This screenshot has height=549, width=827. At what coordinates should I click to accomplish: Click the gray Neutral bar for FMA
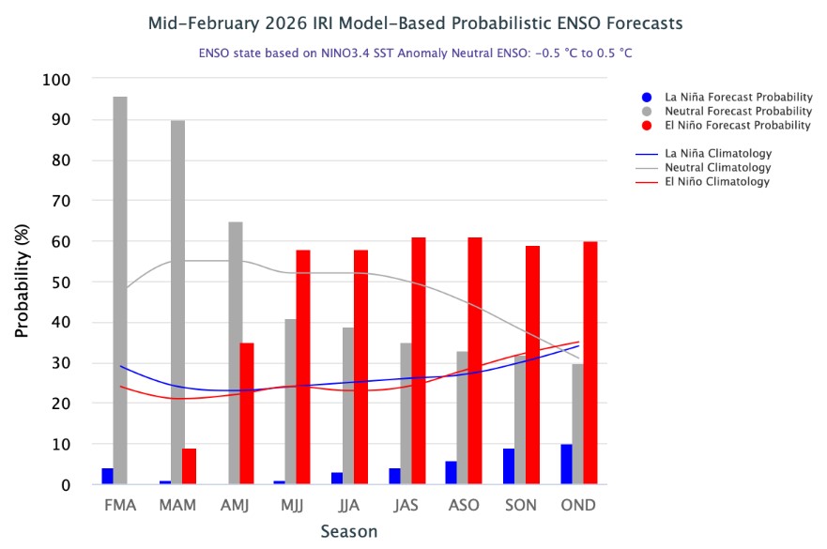pyautogui.click(x=120, y=290)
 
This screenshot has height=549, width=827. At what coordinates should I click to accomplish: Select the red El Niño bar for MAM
pyautogui.click(x=189, y=466)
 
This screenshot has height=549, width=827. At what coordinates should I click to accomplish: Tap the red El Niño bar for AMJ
pyautogui.click(x=247, y=413)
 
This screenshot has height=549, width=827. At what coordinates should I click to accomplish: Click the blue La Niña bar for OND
pyautogui.click(x=566, y=465)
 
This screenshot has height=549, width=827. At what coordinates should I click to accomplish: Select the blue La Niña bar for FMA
pyautogui.click(x=108, y=476)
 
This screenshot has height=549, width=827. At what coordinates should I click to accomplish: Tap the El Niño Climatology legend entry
pyautogui.click(x=716, y=181)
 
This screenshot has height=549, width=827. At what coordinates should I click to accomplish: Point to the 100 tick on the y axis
pyautogui.click(x=57, y=80)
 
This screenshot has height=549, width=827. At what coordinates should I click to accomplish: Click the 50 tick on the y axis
pyautogui.click(x=61, y=282)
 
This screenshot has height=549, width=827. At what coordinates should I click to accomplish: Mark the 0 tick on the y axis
pyautogui.click(x=66, y=485)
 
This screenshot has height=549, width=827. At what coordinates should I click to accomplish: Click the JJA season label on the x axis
pyautogui.click(x=349, y=505)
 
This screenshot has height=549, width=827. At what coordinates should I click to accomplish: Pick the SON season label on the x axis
pyautogui.click(x=521, y=505)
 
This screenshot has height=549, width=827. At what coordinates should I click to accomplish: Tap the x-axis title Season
pyautogui.click(x=349, y=532)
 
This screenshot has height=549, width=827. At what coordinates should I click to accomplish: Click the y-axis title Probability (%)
pyautogui.click(x=22, y=282)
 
